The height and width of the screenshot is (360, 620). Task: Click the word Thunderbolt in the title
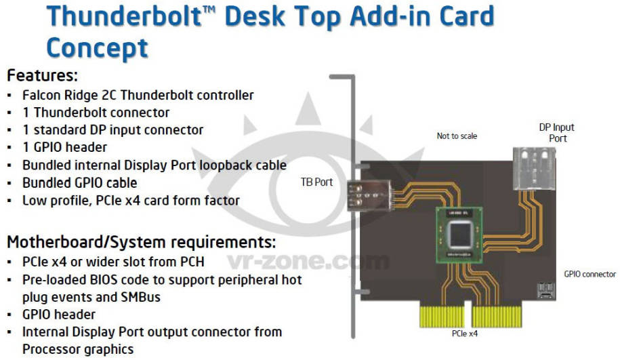point(125,17)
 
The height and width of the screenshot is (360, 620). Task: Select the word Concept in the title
point(98,49)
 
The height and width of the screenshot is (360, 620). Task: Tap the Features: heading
point(42,75)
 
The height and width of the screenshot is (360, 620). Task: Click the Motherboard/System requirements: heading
point(141,242)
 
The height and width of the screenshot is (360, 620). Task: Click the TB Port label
point(316,182)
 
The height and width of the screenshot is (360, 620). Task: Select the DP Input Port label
point(557,133)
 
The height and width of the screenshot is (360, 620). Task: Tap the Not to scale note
point(457,136)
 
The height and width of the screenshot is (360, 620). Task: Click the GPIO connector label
point(590,274)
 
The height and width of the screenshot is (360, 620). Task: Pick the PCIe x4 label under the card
point(465,334)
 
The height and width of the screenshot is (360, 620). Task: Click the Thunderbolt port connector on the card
point(370,195)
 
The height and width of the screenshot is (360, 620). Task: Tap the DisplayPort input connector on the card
point(534,168)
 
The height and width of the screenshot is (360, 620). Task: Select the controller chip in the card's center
point(459,235)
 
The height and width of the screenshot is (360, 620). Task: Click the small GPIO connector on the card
point(546,291)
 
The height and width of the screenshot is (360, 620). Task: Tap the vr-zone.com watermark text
point(308,261)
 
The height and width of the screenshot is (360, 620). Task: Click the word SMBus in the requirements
point(141,297)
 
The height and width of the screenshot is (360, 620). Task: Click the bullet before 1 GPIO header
point(9,148)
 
